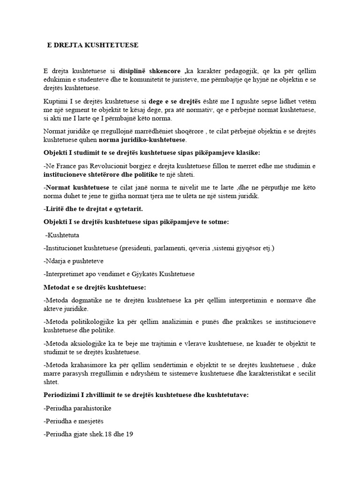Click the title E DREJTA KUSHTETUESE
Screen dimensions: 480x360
click(93, 45)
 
